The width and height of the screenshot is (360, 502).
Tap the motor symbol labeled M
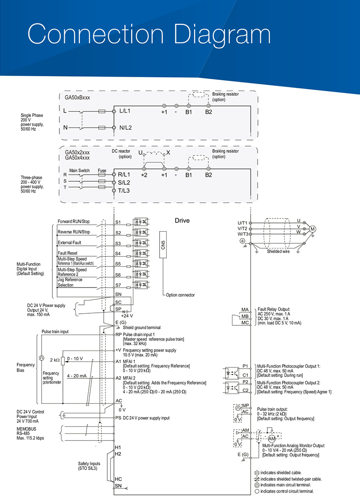[313, 229]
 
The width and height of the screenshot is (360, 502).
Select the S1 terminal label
[118, 222]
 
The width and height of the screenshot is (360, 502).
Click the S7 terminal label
[118, 285]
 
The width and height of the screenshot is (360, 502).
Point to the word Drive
[182, 221]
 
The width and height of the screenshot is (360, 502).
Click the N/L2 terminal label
[125, 128]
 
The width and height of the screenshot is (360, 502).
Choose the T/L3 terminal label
[124, 191]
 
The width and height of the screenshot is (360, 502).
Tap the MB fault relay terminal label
[245, 316]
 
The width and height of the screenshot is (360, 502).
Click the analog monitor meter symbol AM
[272, 439]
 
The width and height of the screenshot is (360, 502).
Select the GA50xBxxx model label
[77, 97]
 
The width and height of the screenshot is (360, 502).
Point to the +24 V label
[127, 315]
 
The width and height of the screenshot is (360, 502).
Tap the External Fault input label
[69, 243]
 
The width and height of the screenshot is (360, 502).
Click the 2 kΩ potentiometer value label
[55, 360]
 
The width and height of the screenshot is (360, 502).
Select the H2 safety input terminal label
[118, 454]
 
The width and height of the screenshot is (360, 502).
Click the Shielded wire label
[278, 252]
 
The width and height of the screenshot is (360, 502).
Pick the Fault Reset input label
[67, 253]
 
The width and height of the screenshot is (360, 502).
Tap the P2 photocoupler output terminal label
[245, 382]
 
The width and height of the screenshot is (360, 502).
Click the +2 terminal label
[144, 175]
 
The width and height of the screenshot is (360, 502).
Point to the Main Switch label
[79, 171]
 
